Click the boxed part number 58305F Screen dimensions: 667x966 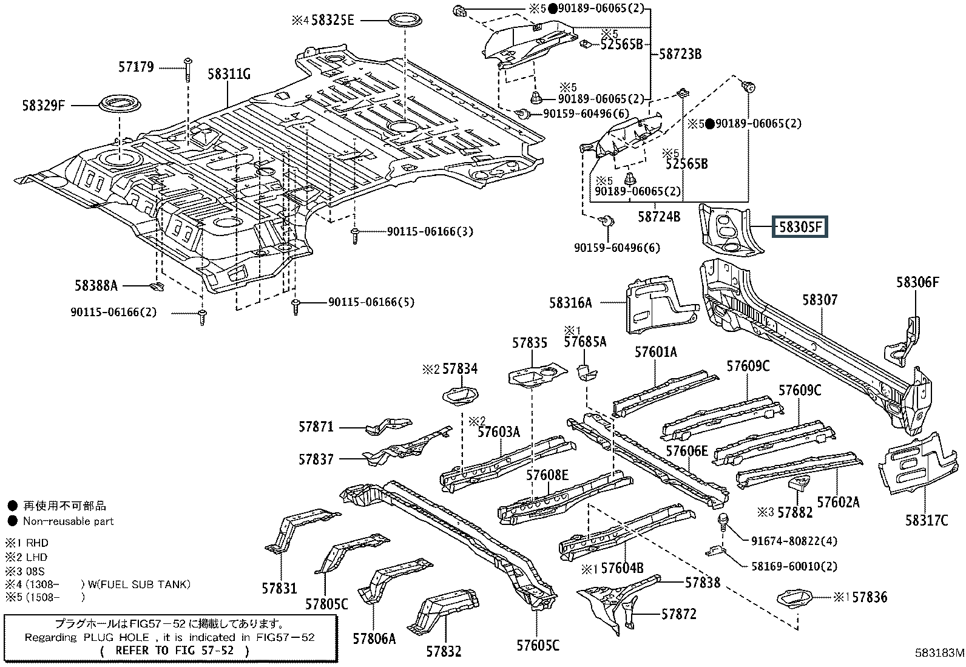tap(799, 228)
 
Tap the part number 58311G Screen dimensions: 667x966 tap(229, 75)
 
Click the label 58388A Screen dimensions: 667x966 tap(96, 285)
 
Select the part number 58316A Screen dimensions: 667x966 tap(570, 302)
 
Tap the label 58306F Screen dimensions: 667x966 tap(917, 282)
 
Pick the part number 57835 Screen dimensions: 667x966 tap(529, 343)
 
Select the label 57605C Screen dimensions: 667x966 tap(538, 645)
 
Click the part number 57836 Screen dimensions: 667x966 tap(869, 598)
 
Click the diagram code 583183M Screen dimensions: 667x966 tap(939, 654)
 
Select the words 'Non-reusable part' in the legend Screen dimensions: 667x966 tap(68, 521)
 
